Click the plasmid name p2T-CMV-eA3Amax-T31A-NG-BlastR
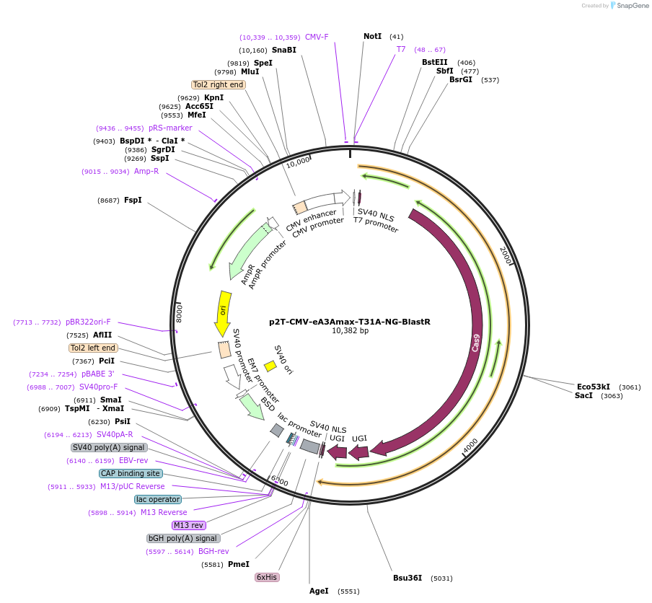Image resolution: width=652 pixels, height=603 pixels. pos(349,322)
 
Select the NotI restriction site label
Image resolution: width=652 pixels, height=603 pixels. pos(372,36)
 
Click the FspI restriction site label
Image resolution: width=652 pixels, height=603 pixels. pos(133,200)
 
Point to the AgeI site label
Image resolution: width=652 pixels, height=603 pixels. pos(319,591)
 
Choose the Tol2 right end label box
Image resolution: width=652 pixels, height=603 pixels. pos(219,84)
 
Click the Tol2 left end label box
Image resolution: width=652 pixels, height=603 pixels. pos(93,348)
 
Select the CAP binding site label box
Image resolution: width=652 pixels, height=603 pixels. pos(131,473)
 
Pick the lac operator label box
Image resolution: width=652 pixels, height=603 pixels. pos(158,499)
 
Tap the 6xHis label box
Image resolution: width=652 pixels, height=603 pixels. pos(267,577)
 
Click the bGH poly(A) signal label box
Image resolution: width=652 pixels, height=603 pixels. pos(183,538)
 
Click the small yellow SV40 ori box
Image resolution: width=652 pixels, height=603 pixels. pos(270,366)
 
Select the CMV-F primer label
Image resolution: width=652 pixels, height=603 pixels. pos(317,37)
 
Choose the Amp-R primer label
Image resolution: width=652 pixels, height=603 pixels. pos(146,171)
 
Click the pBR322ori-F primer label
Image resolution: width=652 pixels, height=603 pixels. pos(88,322)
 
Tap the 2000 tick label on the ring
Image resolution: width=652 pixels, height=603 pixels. pos(505,255)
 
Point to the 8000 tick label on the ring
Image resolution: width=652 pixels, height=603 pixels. pos(180,312)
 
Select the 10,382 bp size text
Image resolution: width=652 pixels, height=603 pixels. pos(350,331)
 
